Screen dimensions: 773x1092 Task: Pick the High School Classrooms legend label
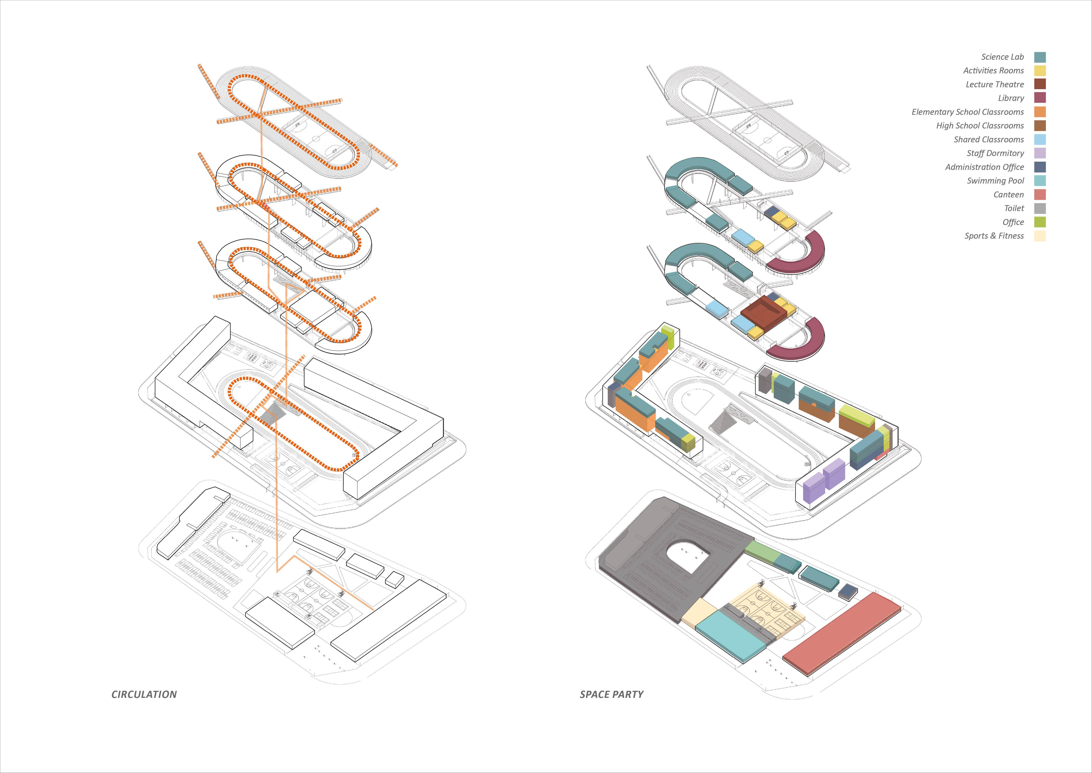980,126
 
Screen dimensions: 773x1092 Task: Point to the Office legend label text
1013,222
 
